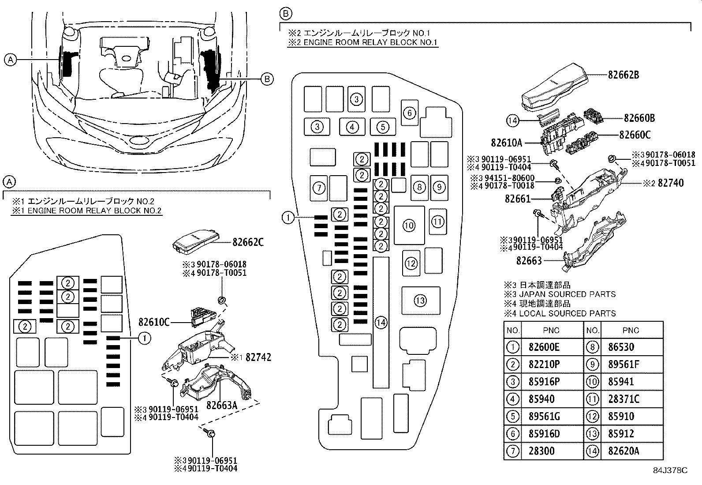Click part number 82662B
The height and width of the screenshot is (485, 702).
coord(623,75)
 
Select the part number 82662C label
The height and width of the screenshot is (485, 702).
coord(248,242)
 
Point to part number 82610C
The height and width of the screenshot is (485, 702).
coord(154,323)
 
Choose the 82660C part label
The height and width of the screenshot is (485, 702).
coord(635,135)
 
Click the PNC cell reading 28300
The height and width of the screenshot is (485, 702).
coord(541,451)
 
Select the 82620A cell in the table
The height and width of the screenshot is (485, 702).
coord(624,451)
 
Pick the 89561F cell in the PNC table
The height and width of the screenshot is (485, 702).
coord(624,365)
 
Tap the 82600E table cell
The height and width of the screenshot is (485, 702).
coord(544,347)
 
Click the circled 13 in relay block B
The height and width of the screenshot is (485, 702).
coord(420,301)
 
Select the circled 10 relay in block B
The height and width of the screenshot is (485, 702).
coord(409,226)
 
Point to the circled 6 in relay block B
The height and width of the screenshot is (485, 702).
coord(409,113)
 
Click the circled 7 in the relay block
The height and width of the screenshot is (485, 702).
coord(319,188)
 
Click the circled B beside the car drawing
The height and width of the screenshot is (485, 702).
coord(267,79)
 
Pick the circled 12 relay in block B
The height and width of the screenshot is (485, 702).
coord(411,263)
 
